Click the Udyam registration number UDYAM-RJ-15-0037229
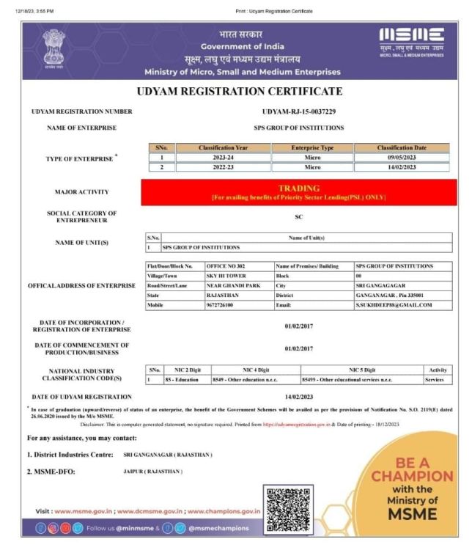(298, 111)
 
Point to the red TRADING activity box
(298, 192)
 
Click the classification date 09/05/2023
(401, 157)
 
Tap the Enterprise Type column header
(312, 147)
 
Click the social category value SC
(298, 216)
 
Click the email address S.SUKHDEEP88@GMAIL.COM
(394, 305)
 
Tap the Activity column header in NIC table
(437, 370)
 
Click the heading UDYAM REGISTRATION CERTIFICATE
(240, 92)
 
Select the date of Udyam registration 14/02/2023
(298, 397)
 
